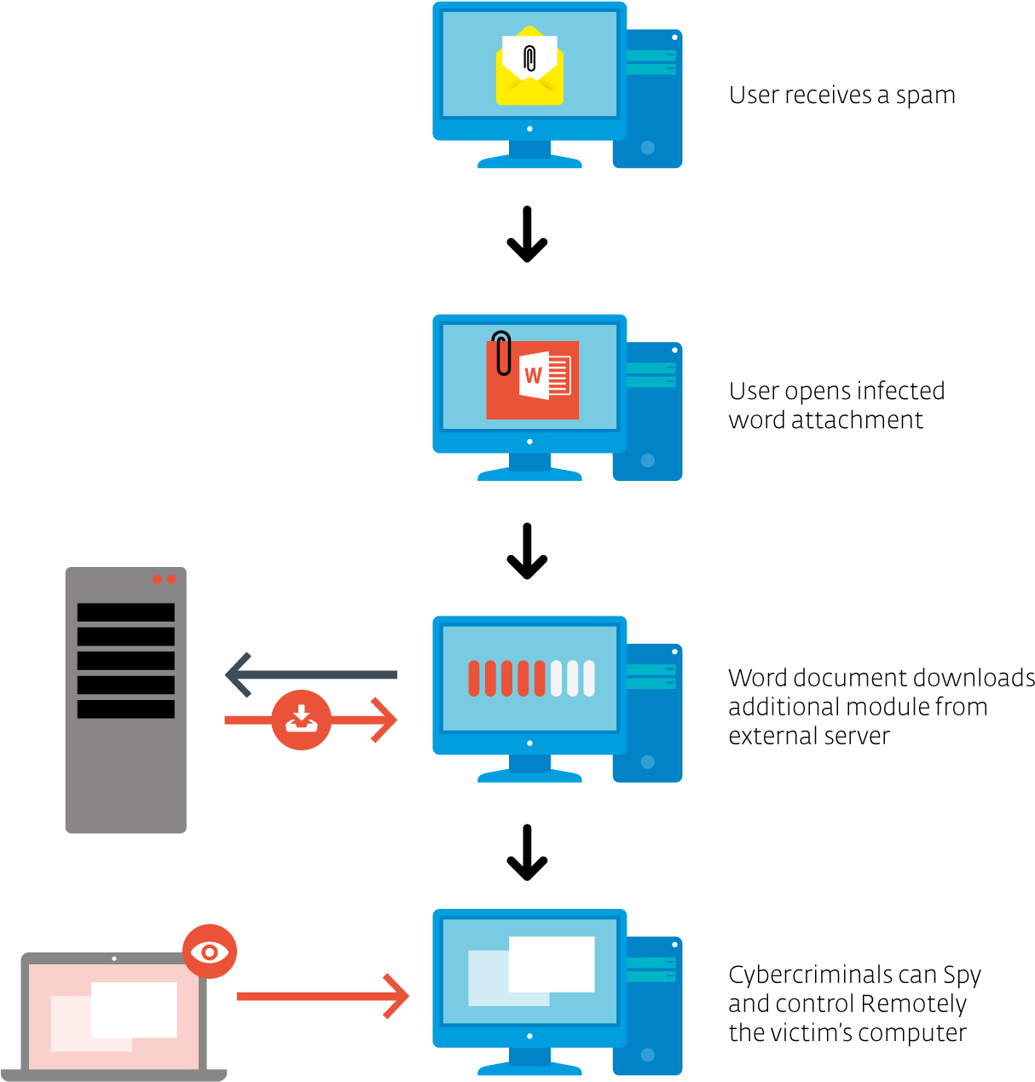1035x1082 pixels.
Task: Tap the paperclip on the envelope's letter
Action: (529, 58)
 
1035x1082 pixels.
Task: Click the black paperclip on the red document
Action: (503, 352)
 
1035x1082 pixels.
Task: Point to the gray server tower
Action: (125, 767)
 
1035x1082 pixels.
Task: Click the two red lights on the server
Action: (164, 580)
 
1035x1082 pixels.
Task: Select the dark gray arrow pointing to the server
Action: (310, 674)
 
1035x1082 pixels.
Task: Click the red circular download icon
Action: (301, 720)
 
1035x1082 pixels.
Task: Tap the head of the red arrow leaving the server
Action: (386, 720)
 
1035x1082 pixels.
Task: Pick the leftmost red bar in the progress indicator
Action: (474, 679)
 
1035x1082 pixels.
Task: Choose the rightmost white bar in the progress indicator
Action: (589, 679)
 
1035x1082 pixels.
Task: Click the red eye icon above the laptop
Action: (210, 951)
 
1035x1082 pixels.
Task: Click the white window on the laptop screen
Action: (135, 1010)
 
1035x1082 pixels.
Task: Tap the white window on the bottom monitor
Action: (552, 964)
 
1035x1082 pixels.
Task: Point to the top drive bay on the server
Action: (125, 612)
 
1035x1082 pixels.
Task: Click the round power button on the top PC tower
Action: (647, 148)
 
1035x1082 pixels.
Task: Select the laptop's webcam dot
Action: (114, 958)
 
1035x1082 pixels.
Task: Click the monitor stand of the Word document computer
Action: (529, 466)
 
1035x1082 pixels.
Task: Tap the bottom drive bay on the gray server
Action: (125, 709)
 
